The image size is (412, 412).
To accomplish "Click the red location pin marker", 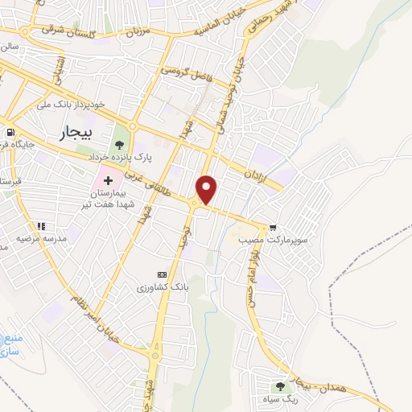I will [x=208, y=190].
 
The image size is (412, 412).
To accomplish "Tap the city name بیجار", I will [x=76, y=132].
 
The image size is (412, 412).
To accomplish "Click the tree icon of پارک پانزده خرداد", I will [x=120, y=144].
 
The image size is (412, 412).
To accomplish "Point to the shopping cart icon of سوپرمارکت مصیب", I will [x=276, y=229].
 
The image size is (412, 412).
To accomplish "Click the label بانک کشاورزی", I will [x=161, y=287].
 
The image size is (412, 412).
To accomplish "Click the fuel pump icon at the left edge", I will [x=9, y=133].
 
